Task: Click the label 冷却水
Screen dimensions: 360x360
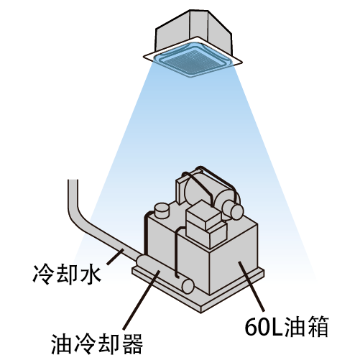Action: click(67, 274)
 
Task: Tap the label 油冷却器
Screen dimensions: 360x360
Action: click(97, 344)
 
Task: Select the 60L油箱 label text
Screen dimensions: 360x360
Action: click(287, 326)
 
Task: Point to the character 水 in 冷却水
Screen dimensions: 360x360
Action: click(90, 274)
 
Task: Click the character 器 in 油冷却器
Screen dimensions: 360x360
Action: click(132, 344)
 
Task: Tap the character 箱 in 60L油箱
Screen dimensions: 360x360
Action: click(318, 326)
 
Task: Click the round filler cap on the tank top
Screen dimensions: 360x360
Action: click(162, 210)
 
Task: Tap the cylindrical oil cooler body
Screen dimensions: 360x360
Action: click(164, 273)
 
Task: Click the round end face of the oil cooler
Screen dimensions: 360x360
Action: click(188, 286)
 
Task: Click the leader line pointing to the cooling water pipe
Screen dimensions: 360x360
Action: click(115, 257)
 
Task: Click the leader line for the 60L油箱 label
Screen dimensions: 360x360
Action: click(251, 287)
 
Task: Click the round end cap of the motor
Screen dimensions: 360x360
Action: click(236, 212)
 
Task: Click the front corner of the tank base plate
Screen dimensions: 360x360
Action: click(201, 312)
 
